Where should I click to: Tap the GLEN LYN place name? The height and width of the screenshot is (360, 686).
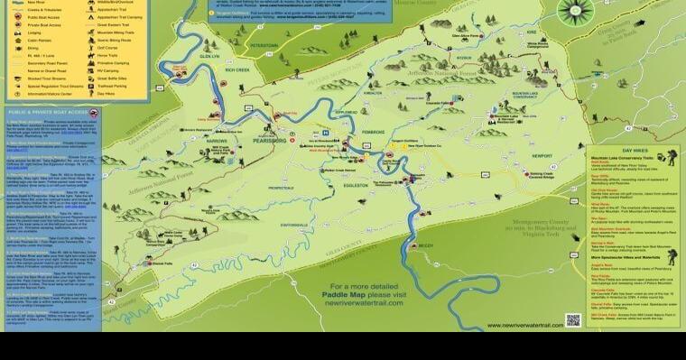[x=210, y=54]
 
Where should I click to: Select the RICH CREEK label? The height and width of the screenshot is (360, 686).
[x=237, y=69]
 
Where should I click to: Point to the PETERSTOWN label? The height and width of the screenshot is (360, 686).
[x=264, y=44]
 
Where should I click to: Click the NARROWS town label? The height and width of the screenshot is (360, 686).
[x=218, y=141]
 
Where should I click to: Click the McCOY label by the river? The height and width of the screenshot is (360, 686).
[x=426, y=245]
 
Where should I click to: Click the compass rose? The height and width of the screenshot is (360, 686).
[x=574, y=11]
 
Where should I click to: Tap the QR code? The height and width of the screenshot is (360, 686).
[x=572, y=320]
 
